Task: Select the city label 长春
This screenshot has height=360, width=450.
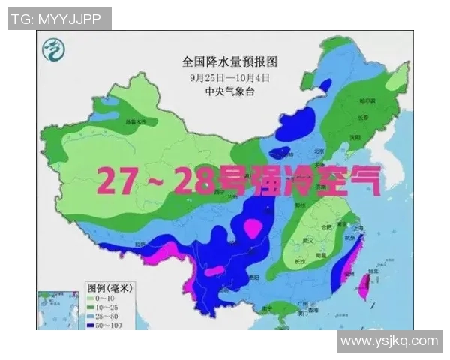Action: pos(362,118)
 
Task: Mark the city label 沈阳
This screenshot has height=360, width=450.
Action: pos(353,138)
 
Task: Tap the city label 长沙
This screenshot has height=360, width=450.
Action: pos(298,262)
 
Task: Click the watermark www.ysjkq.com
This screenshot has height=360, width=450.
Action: pos(388,341)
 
